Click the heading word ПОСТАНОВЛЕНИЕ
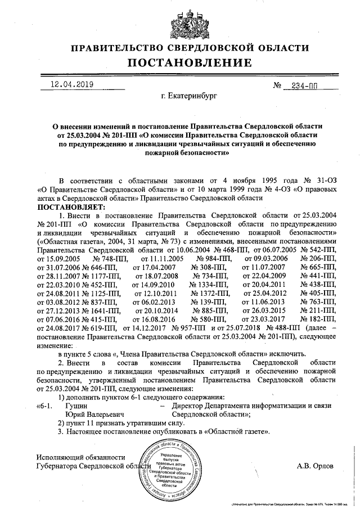pos(180,62)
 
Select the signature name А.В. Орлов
pos(315,466)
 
